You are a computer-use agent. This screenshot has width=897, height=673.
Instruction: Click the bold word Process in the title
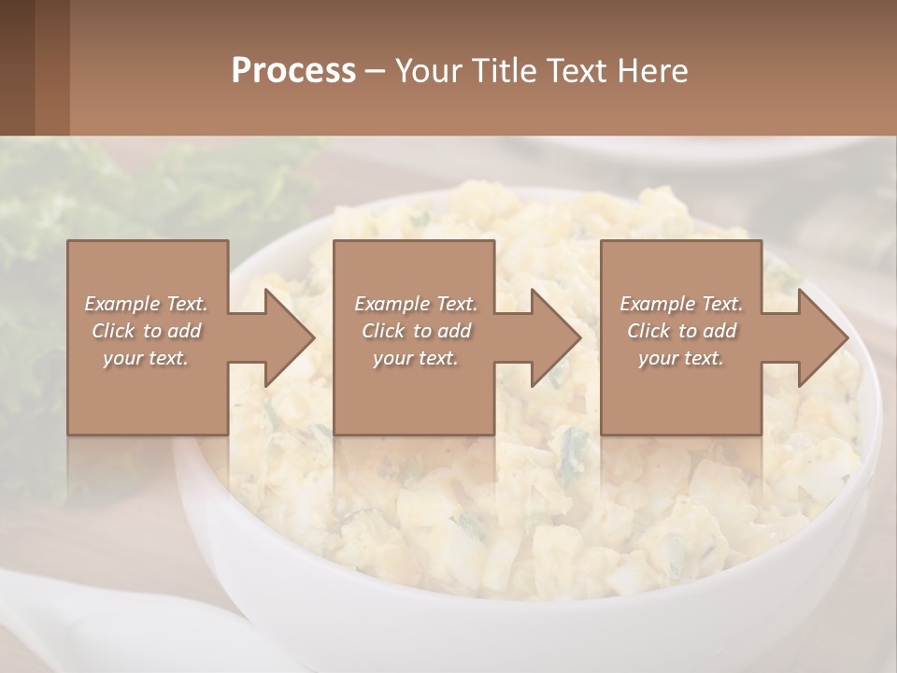point(293,71)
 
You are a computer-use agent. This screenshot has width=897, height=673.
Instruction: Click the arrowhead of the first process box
point(286,337)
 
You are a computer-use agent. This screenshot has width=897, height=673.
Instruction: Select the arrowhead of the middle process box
point(552,337)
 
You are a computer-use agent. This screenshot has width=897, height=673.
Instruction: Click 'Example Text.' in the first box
point(147,304)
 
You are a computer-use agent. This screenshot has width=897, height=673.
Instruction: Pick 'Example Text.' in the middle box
point(416,304)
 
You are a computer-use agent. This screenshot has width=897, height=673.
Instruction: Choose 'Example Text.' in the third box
point(681,304)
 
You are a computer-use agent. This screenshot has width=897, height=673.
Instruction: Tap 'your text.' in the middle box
point(415,358)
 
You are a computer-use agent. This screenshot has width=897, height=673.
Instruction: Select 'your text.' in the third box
point(680,358)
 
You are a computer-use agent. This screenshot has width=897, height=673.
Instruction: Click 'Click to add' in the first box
point(147,331)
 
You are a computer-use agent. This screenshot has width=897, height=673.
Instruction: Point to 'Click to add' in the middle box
point(416,331)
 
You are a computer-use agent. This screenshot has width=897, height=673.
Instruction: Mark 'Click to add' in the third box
point(681,331)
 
